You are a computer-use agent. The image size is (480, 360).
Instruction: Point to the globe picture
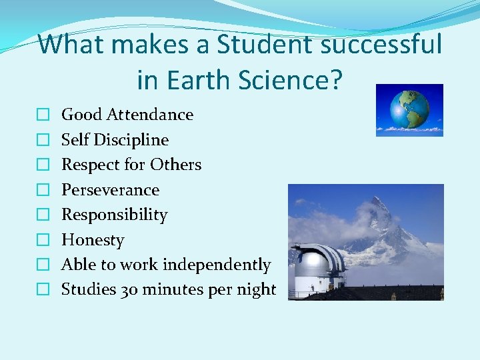(x=409, y=110)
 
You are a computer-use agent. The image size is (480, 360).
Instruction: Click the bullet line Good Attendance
(x=127, y=115)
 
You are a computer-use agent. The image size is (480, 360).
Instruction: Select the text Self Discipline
(x=115, y=140)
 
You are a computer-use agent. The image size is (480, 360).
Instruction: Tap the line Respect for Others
(x=131, y=165)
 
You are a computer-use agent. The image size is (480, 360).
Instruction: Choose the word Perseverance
(x=111, y=190)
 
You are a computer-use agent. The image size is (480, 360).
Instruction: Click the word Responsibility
(x=115, y=215)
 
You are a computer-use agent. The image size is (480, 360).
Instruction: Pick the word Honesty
(x=93, y=240)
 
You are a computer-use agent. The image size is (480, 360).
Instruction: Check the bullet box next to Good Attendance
(x=42, y=115)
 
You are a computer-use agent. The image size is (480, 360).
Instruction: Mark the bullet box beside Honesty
(x=42, y=241)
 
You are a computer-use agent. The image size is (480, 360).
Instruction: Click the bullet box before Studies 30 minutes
(x=42, y=290)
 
